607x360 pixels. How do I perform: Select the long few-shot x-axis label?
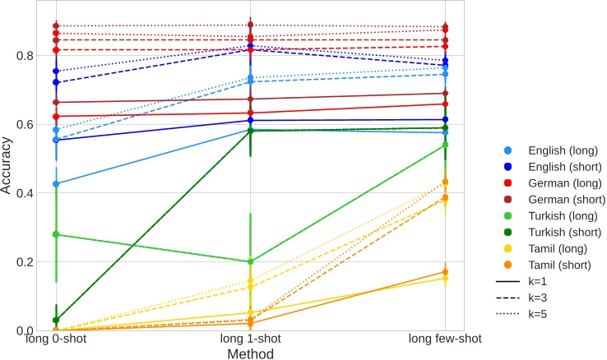445,339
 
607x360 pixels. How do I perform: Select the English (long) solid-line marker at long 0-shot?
55,184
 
